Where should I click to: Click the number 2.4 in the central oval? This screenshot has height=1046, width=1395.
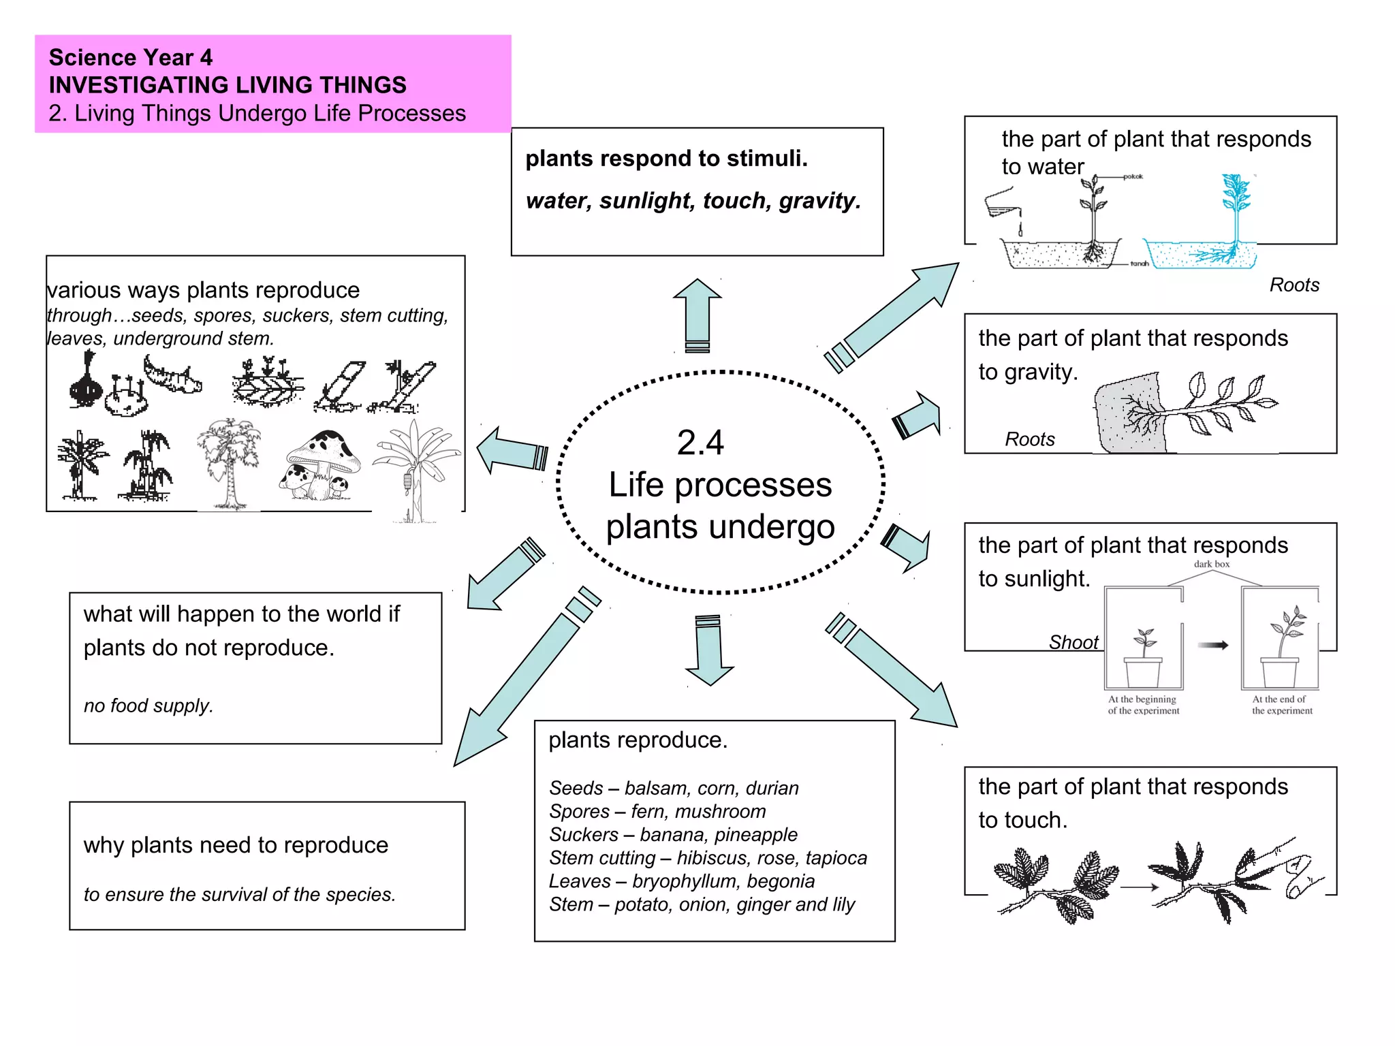pyautogui.click(x=700, y=443)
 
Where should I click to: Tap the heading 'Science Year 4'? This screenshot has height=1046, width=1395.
pyautogui.click(x=130, y=57)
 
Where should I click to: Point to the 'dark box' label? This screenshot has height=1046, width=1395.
pyautogui.click(x=1212, y=564)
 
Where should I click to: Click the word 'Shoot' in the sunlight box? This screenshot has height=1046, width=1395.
pyautogui.click(x=1073, y=642)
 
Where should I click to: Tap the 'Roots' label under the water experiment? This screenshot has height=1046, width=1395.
pyautogui.click(x=1294, y=285)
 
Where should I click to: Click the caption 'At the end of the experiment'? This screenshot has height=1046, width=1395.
pyautogui.click(x=1281, y=705)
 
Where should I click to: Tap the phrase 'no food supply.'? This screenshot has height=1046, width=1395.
pyautogui.click(x=148, y=706)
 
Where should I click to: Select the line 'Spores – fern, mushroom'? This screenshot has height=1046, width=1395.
pyautogui.click(x=657, y=812)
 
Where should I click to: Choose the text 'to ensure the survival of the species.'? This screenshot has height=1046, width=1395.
pyautogui.click(x=239, y=894)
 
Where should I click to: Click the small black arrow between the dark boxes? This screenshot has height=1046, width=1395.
pyautogui.click(x=1212, y=645)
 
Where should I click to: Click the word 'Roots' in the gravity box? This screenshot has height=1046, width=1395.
pyautogui.click(x=1030, y=439)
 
